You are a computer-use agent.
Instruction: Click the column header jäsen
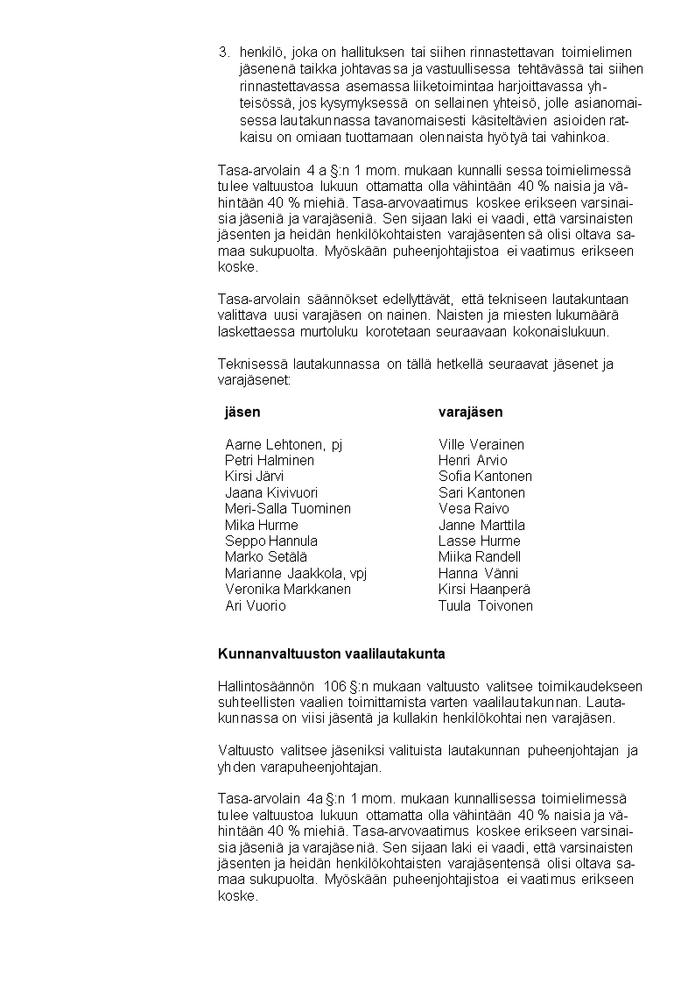tap(242, 412)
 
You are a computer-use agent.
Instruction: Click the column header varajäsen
tap(470, 412)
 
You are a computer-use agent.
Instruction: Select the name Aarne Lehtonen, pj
tap(284, 444)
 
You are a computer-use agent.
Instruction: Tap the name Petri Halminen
tap(269, 460)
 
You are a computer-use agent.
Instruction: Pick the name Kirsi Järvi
tap(254, 477)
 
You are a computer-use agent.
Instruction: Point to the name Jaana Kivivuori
tap(270, 492)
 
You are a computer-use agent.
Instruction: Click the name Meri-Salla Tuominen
tap(287, 508)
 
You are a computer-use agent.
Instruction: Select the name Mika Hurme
tap(261, 525)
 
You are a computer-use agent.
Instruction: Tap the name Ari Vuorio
tap(255, 605)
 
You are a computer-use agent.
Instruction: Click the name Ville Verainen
tap(481, 444)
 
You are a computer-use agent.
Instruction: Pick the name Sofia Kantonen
tap(485, 477)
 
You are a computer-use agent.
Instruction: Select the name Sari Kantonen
tap(481, 492)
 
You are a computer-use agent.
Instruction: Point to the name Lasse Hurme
tap(479, 541)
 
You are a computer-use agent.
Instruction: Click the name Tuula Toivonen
tap(485, 605)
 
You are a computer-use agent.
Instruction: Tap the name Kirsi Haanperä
tap(484, 590)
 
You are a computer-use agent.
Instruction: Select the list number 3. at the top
tap(224, 52)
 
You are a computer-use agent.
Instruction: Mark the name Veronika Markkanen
tap(287, 590)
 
